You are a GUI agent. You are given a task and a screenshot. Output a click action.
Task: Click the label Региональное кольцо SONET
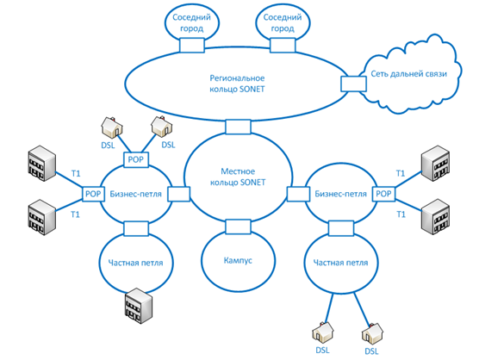click(x=237, y=84)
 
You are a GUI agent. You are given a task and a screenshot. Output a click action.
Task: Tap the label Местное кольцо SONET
click(x=238, y=177)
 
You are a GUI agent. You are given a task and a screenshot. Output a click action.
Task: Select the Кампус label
click(x=238, y=260)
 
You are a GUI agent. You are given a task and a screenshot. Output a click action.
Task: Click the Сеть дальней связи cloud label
click(x=408, y=73)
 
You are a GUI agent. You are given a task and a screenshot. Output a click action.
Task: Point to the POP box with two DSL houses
click(x=136, y=159)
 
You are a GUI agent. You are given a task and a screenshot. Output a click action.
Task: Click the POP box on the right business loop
click(x=383, y=194)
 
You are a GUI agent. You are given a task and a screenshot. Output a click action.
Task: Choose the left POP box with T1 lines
click(x=93, y=194)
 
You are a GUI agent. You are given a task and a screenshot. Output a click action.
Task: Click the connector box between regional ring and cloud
click(x=353, y=84)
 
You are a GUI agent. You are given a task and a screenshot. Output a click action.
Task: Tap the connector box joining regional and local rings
click(x=238, y=127)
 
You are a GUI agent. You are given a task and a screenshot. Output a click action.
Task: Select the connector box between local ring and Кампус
click(x=238, y=227)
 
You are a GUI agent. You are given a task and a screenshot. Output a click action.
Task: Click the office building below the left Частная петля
click(x=139, y=306)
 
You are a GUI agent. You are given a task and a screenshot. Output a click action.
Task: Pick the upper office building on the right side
click(x=435, y=164)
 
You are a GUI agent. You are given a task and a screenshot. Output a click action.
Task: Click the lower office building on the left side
click(x=42, y=217)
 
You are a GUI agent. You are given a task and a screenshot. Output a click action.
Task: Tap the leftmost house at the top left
click(x=112, y=127)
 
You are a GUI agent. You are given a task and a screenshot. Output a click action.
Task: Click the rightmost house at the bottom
click(x=372, y=332)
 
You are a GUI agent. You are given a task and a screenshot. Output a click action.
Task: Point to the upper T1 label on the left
click(x=76, y=173)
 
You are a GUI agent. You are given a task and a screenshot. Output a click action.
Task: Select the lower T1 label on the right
click(x=401, y=214)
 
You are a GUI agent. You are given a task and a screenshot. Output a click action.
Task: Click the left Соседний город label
click(x=191, y=22)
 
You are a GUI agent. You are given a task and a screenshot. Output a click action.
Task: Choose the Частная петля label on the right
click(x=340, y=263)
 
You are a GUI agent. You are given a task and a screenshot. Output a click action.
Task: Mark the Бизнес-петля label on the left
click(x=135, y=194)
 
